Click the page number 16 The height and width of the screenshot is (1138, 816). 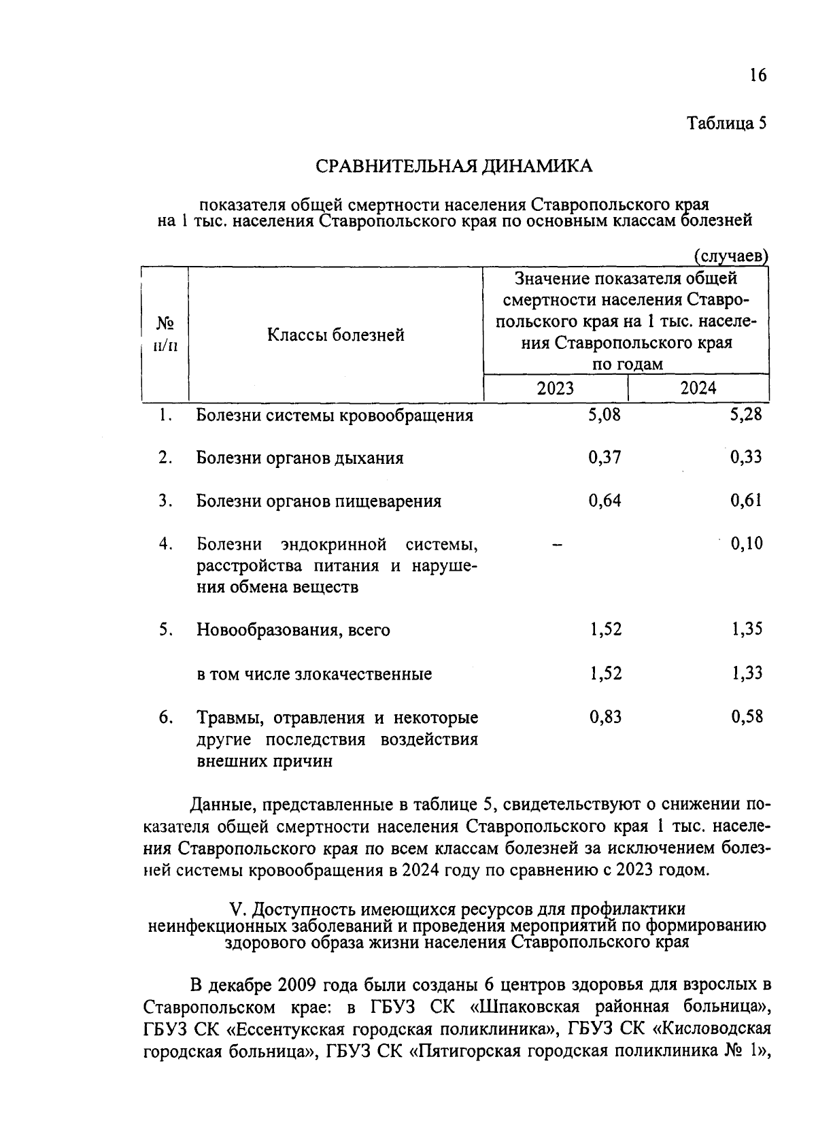tap(758, 75)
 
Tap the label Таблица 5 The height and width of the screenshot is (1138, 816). tap(726, 123)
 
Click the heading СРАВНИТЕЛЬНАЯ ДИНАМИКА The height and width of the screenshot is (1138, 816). tap(454, 166)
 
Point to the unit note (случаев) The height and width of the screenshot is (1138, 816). tap(730, 256)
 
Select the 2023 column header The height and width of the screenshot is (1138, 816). tap(555, 388)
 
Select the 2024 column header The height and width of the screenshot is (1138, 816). tap(698, 388)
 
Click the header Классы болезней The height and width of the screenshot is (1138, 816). tap(335, 335)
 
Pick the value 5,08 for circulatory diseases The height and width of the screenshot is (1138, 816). tap(605, 414)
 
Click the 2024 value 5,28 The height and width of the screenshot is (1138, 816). tap(746, 414)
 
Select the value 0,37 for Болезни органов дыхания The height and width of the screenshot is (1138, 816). tap(605, 457)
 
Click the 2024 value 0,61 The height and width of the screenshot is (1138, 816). tap(746, 501)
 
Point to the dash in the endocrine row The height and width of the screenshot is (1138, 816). tap(557, 544)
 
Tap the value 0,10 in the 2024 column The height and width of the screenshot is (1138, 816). tap(746, 543)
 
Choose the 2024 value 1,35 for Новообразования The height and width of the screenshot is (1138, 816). tap(747, 629)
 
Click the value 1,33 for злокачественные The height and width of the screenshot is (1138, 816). tap(747, 673)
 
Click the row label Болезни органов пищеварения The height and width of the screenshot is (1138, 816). tap(318, 501)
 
